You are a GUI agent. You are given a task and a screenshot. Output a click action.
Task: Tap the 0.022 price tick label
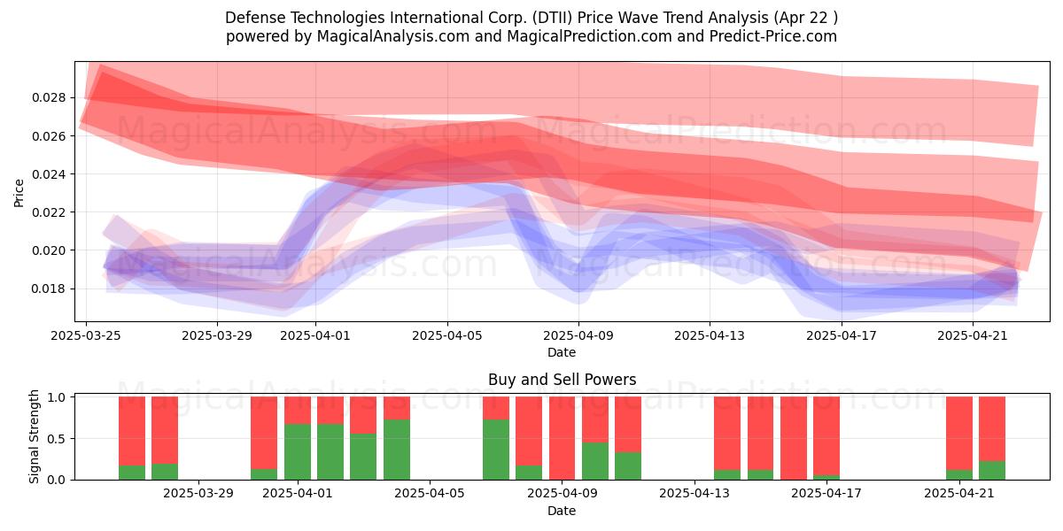click(48, 212)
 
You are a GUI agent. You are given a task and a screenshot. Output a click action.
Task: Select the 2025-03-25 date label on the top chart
click(86, 335)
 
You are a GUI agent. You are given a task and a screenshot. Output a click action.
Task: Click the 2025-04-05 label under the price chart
click(447, 335)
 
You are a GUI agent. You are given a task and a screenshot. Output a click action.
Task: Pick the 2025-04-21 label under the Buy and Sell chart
click(959, 493)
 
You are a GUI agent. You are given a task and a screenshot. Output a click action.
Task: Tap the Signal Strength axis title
click(34, 436)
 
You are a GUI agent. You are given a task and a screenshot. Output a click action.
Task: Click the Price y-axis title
click(19, 193)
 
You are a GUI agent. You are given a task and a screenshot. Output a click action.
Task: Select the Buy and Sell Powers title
click(562, 380)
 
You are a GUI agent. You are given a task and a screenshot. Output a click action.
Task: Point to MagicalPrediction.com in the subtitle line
click(589, 36)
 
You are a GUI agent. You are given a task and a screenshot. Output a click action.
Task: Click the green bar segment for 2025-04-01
click(298, 452)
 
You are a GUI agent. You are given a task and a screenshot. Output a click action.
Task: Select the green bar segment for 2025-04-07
click(496, 450)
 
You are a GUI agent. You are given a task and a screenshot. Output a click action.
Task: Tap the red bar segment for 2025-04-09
click(562, 438)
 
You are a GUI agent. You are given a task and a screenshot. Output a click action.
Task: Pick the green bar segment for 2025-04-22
click(992, 470)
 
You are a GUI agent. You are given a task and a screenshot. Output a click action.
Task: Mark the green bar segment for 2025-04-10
click(595, 461)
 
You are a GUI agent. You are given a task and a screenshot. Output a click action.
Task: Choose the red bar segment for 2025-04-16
click(794, 438)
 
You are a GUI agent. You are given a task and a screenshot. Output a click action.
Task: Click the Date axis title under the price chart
click(562, 352)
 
